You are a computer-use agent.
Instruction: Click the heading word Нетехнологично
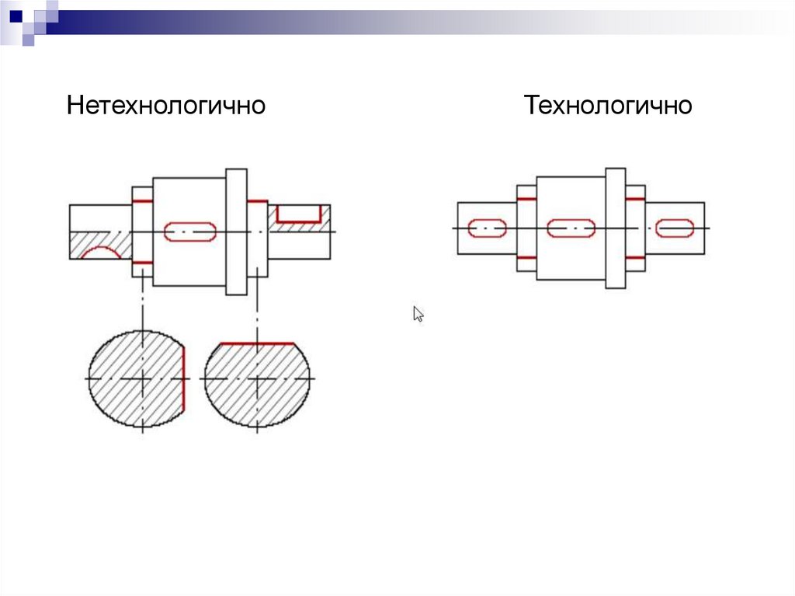166,105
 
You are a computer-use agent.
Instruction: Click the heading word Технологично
608,105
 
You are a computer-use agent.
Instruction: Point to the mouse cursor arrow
418,313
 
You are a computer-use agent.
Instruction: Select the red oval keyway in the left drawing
189,231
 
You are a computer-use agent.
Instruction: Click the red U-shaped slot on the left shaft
299,214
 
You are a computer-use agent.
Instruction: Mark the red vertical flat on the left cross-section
185,378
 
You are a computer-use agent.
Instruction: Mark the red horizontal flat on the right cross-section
257,343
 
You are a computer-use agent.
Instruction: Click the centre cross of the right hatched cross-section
257,378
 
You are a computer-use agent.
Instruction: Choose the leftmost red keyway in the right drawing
488,228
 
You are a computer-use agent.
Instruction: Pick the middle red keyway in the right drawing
571,228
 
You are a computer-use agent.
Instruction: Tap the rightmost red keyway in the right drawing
674,228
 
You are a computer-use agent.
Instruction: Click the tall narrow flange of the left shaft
236,231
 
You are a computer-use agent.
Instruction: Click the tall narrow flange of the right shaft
615,228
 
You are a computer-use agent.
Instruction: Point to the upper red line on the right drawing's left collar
526,199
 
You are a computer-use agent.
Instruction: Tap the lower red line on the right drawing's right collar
635,257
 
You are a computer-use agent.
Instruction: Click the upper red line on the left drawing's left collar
142,202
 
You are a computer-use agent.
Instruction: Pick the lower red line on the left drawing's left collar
142,263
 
